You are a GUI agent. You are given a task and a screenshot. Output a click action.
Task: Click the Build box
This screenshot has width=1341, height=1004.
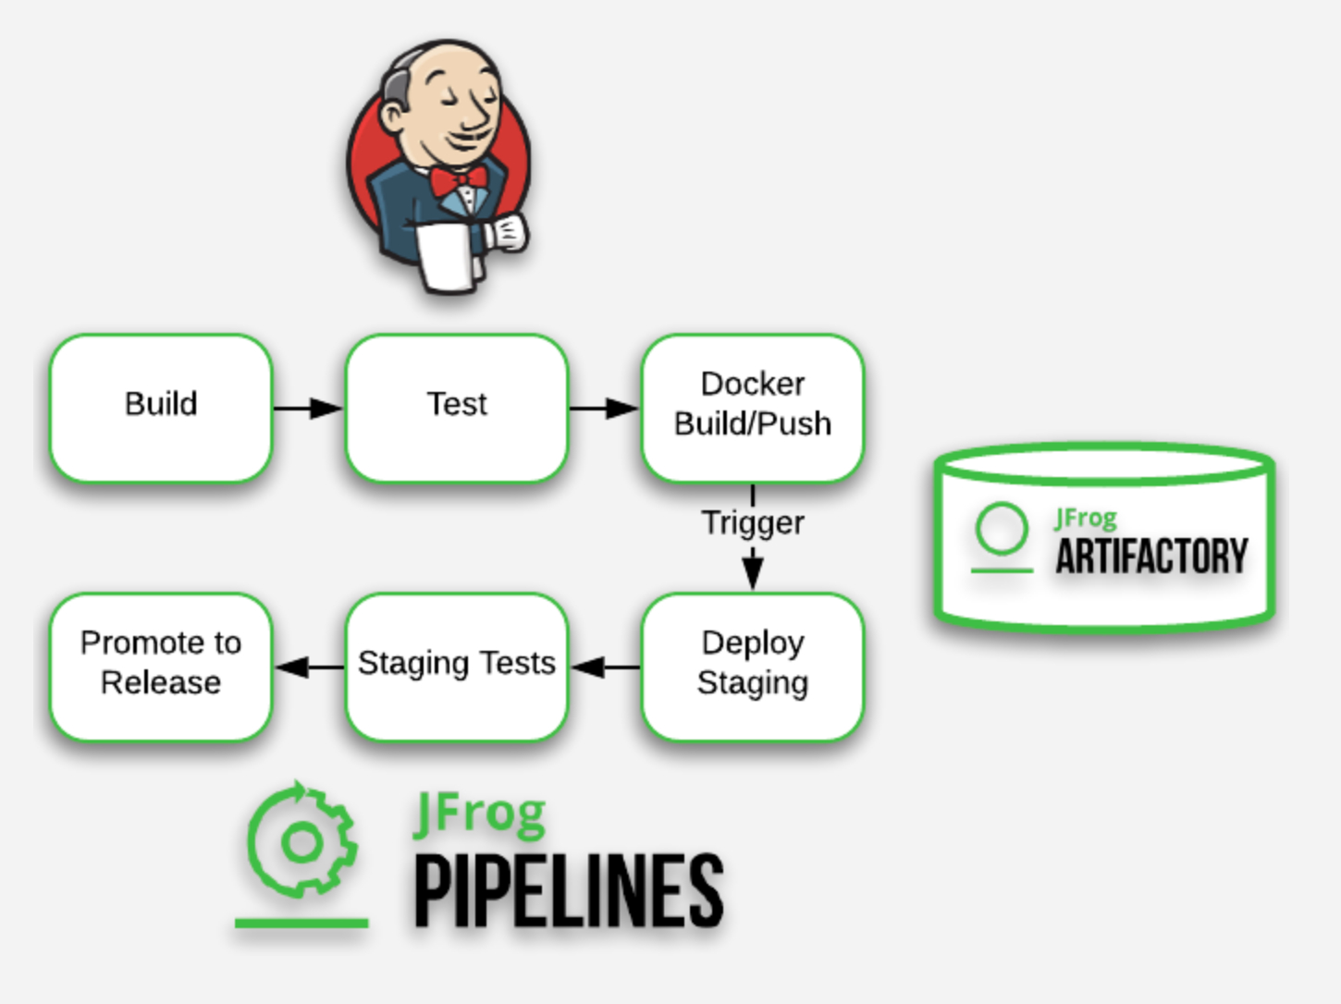point(161,408)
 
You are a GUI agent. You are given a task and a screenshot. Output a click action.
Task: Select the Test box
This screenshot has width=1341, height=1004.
point(457,408)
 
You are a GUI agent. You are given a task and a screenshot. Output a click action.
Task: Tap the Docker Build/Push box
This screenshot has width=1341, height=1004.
point(753,408)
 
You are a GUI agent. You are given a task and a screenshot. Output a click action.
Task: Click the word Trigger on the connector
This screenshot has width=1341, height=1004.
point(753,523)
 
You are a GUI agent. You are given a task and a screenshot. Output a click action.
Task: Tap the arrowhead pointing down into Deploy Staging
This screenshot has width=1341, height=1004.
point(753,573)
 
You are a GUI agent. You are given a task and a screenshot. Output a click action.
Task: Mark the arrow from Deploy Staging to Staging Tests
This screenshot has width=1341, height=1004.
point(605,667)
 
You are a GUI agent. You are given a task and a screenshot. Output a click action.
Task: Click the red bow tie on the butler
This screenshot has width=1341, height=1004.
point(459,180)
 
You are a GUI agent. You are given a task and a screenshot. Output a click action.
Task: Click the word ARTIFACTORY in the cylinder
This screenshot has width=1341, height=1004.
point(1151,557)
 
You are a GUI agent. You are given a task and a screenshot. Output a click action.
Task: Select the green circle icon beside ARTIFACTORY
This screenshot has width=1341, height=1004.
point(1002,530)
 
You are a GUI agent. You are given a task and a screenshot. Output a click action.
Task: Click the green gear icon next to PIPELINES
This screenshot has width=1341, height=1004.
point(301,841)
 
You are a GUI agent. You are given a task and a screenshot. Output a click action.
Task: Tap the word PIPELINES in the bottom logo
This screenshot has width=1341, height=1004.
point(568,889)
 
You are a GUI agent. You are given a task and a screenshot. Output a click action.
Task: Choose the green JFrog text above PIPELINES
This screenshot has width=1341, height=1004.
point(479,814)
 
